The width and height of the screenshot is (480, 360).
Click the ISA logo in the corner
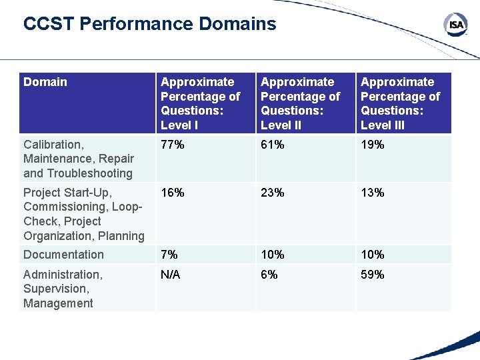tap(455, 25)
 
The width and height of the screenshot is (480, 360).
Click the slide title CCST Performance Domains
tap(149, 25)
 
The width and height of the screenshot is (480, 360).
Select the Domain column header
tap(45, 82)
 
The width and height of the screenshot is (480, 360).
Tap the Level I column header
tap(200, 103)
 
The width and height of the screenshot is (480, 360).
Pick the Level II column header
tap(300, 103)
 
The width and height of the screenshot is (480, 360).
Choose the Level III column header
tap(400, 103)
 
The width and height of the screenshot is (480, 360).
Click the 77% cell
tap(173, 145)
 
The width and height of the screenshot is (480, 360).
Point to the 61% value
tap(273, 145)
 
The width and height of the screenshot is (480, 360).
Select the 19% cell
tap(373, 145)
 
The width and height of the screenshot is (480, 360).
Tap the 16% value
tap(173, 193)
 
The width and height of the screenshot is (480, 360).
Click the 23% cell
tap(273, 193)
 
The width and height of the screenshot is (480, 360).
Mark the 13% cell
tap(373, 193)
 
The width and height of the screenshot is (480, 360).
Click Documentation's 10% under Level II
tap(273, 255)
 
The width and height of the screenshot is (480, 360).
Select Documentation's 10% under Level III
tap(373, 255)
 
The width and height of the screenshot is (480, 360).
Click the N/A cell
tap(171, 275)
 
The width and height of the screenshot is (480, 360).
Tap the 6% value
tap(270, 275)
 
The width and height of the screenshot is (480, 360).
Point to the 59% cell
tap(373, 275)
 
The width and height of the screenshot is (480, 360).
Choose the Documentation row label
tap(63, 255)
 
